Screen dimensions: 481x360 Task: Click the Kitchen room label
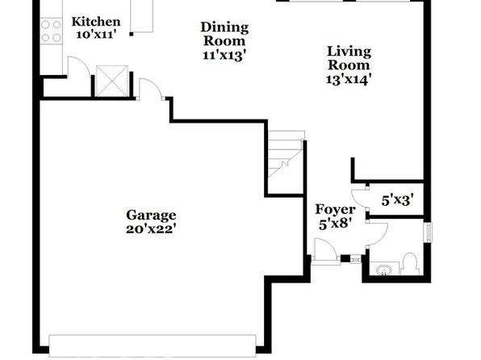point(96,23)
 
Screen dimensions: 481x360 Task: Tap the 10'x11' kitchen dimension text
point(96,35)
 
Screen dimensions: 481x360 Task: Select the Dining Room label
point(224,34)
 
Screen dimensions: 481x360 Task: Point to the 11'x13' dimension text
point(224,56)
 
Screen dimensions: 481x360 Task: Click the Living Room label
point(349,58)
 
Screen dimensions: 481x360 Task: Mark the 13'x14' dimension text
point(349,80)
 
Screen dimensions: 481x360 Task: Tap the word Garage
point(151,216)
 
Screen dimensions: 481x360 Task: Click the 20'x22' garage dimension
point(151,229)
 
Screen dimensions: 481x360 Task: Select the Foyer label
point(335,210)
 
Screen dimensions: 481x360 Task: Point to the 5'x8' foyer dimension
point(335,224)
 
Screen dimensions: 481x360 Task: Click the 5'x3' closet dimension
point(398,201)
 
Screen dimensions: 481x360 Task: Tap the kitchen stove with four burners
point(51,31)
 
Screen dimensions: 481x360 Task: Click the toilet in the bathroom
point(409,264)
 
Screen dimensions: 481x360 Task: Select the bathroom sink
point(383,270)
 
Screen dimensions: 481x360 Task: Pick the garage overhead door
point(153,346)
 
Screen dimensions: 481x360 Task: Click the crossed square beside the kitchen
point(112,81)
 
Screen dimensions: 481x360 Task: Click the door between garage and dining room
point(151,89)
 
